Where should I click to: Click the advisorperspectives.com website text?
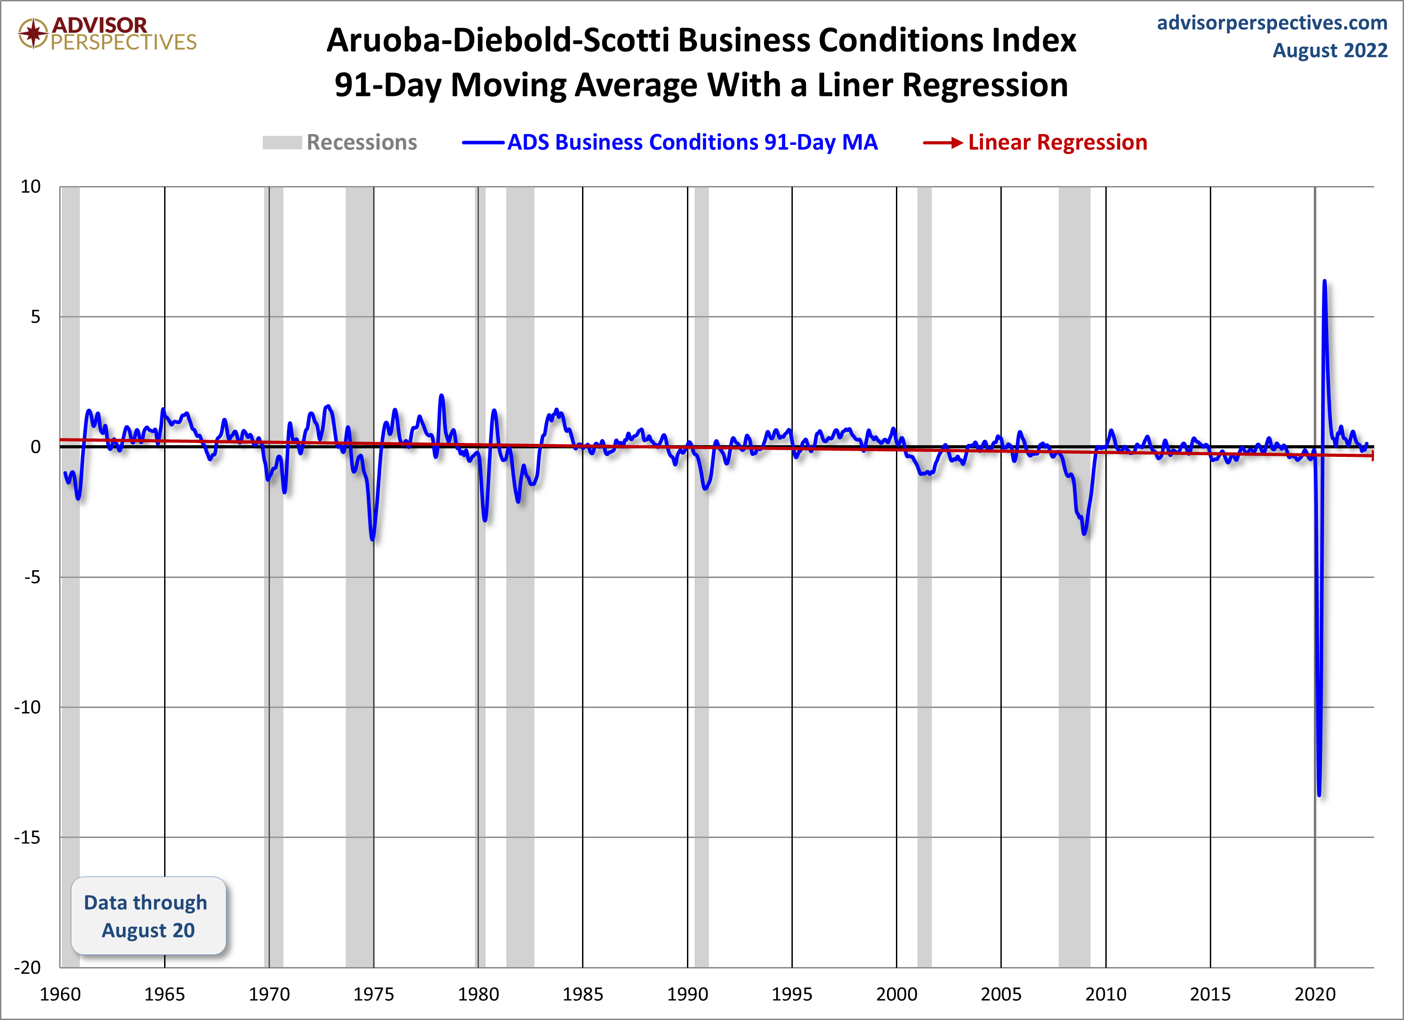coord(1272,23)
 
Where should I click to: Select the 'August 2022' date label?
coord(1330,50)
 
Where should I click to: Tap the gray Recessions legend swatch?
coord(282,143)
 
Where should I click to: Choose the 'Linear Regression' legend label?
coord(1057,143)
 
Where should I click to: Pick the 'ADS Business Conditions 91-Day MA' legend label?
coord(692,143)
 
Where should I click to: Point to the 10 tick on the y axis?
coord(30,187)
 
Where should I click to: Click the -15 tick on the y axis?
coord(27,838)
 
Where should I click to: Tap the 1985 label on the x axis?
coord(582,994)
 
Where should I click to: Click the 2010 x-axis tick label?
coord(1106,994)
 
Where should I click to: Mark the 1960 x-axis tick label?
coord(60,994)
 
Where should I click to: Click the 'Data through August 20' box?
coord(148,916)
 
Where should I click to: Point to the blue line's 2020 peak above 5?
coord(1324,282)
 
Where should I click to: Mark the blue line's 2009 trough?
coord(1084,533)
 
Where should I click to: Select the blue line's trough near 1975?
coord(372,539)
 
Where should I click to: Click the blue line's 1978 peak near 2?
coord(441,395)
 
